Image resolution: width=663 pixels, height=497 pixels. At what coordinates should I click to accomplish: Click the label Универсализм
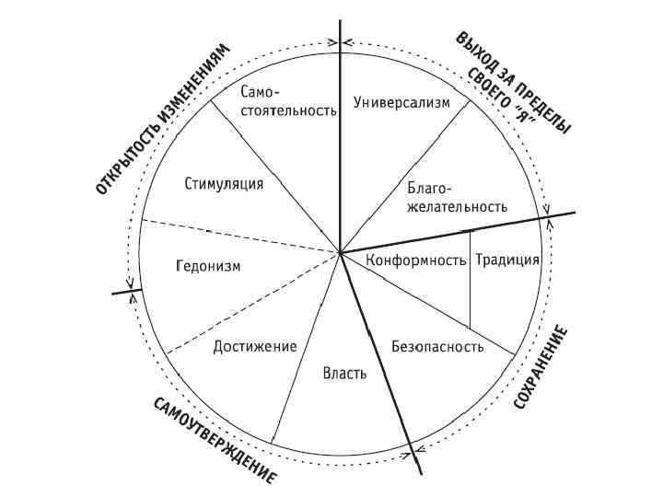pyautogui.click(x=402, y=103)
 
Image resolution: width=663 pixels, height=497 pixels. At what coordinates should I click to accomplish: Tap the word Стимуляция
pyautogui.click(x=224, y=183)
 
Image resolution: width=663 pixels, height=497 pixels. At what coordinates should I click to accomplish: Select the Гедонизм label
pyautogui.click(x=207, y=267)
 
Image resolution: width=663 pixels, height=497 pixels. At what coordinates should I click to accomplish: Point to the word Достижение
pyautogui.click(x=254, y=347)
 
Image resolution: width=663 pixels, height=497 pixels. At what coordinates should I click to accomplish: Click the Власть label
pyautogui.click(x=345, y=373)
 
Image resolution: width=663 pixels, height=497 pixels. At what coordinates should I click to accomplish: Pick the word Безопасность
pyautogui.click(x=437, y=347)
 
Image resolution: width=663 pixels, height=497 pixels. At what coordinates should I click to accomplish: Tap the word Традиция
pyautogui.click(x=507, y=260)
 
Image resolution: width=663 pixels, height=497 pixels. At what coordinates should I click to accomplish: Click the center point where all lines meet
pyautogui.click(x=341, y=251)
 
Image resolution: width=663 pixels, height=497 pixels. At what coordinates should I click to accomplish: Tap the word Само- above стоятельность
pyautogui.click(x=261, y=94)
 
